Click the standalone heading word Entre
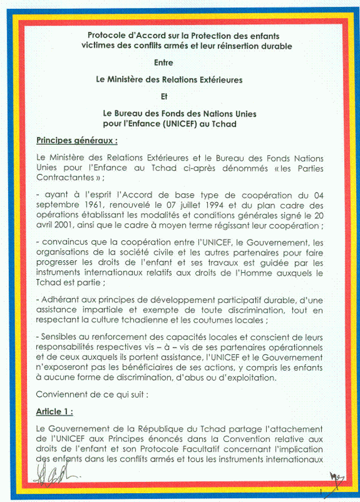pos(164,63)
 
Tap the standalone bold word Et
pos(164,97)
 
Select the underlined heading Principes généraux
pos(76,140)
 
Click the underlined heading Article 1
pos(54,412)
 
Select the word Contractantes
pos(65,178)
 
